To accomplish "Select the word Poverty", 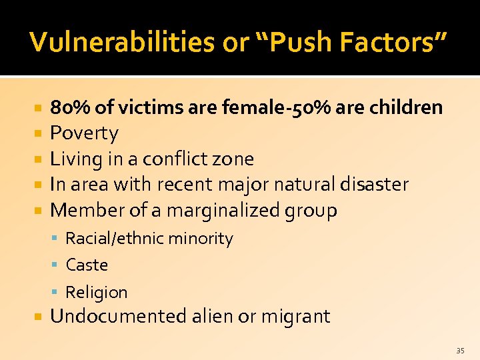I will (x=85, y=133).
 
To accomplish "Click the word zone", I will (x=235, y=159).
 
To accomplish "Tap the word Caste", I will (x=87, y=265).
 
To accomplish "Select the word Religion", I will (x=97, y=292).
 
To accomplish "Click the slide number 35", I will (x=460, y=350).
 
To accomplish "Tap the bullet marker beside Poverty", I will (x=39, y=133).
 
